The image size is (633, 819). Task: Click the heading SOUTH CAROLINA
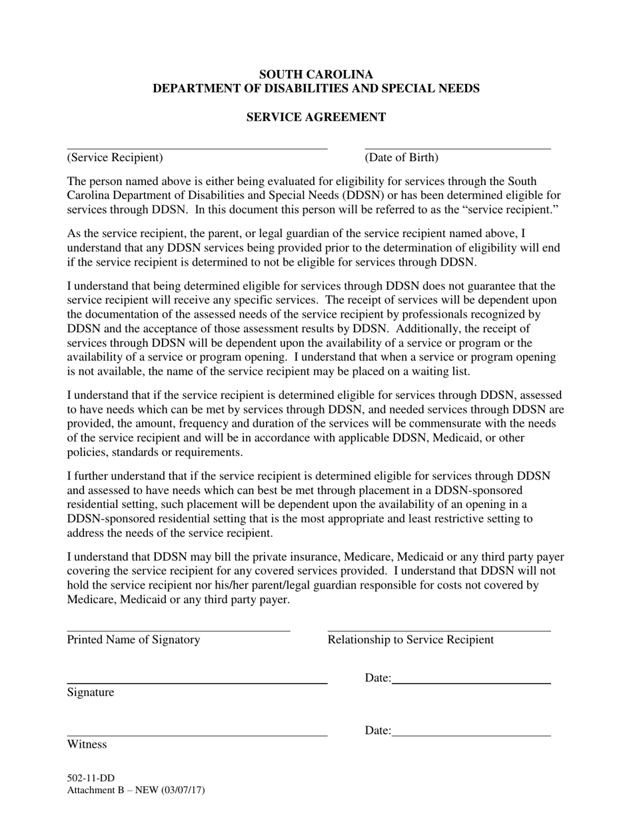(316, 75)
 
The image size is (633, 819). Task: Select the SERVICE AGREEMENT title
(316, 117)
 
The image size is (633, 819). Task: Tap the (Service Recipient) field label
(115, 158)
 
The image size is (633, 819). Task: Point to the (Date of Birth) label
(401, 158)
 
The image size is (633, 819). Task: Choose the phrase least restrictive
(436, 519)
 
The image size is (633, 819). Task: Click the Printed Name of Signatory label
(133, 640)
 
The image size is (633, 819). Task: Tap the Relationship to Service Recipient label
(410, 640)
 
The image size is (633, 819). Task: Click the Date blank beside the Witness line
(471, 734)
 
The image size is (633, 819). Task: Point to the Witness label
(87, 744)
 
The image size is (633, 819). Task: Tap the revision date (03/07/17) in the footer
(181, 790)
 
